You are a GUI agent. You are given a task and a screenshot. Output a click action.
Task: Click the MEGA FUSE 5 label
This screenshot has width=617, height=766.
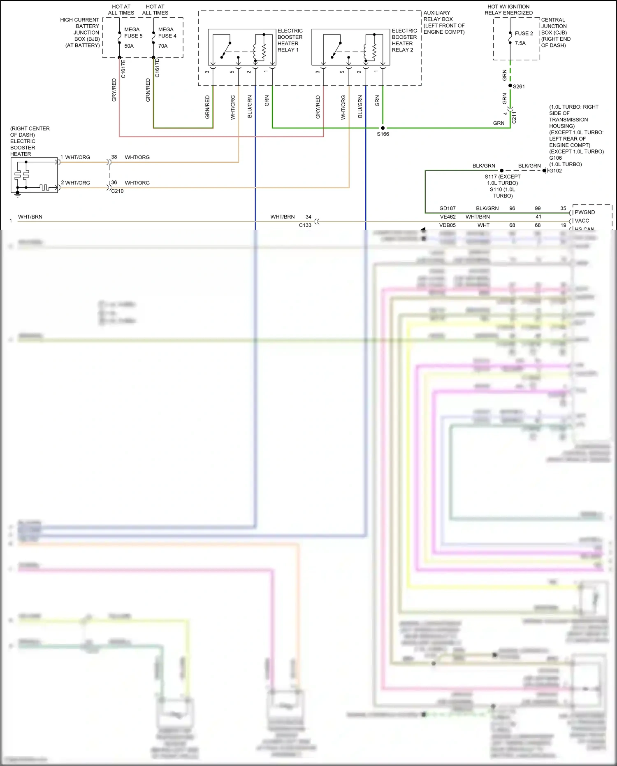click(133, 33)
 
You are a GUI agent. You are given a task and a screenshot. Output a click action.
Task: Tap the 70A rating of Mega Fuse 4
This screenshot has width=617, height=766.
click(163, 46)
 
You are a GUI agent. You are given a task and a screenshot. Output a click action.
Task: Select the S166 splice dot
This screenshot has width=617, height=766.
click(383, 128)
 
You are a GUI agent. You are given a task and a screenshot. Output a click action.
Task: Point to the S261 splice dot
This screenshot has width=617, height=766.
click(510, 86)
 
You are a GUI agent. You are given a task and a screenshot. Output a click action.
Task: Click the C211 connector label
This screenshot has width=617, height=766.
click(514, 117)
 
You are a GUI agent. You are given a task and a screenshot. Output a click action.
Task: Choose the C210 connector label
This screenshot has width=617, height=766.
click(117, 191)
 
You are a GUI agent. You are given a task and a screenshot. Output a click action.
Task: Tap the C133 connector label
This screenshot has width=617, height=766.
click(305, 225)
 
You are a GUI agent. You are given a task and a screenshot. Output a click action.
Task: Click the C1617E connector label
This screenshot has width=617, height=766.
click(123, 69)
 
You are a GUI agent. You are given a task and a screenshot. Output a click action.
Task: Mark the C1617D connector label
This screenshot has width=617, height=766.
click(157, 68)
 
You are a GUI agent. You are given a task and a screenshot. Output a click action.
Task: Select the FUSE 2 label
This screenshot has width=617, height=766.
click(524, 33)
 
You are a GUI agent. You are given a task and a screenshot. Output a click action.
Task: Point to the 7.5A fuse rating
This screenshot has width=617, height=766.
click(520, 43)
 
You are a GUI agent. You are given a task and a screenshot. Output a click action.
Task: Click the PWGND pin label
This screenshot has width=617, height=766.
click(585, 212)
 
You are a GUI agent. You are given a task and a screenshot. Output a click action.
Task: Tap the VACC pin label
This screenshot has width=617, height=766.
click(582, 221)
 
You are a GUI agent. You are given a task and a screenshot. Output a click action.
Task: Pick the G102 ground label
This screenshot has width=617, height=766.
click(555, 171)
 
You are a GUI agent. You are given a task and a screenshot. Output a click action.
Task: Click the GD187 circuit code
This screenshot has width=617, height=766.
click(448, 208)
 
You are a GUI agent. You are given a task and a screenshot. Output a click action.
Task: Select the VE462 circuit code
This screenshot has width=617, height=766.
click(448, 217)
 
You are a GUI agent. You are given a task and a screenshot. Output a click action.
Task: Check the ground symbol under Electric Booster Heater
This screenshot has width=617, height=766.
click(17, 195)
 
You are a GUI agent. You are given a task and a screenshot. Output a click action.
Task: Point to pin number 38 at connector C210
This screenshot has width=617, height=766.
click(114, 157)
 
